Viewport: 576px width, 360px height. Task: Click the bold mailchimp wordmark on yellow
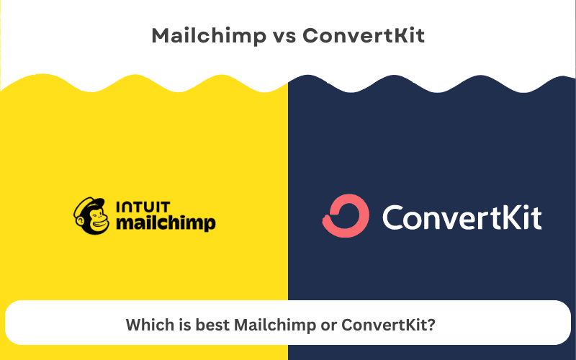(166, 224)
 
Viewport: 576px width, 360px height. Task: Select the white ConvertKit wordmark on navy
(462, 216)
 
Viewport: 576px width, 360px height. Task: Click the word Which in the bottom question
(147, 325)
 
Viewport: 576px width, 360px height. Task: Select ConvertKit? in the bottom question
(388, 325)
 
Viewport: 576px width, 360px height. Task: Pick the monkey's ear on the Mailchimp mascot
(77, 217)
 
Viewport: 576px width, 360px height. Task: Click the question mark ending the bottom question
(431, 325)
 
